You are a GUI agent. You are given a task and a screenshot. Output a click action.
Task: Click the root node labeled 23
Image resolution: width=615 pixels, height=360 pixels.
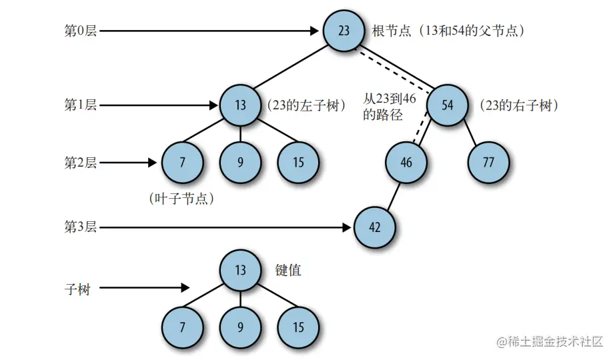[344, 31]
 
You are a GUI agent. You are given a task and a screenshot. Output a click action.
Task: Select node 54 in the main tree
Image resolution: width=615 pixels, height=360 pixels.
[448, 105]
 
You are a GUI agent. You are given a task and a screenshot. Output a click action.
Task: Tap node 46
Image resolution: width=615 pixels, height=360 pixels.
[406, 163]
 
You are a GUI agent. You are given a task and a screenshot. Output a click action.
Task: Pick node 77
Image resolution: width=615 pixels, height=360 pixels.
[488, 163]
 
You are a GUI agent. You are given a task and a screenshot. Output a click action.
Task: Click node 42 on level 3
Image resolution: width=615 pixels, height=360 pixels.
[374, 227]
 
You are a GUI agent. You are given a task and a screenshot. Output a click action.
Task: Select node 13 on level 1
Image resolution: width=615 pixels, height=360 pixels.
[241, 105]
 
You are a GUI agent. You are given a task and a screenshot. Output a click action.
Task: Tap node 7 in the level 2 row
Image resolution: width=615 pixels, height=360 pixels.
[182, 163]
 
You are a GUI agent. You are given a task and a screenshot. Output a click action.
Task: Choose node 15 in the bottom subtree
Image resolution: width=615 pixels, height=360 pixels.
[298, 327]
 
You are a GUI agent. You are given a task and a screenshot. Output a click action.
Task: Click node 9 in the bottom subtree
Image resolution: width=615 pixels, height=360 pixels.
[241, 327]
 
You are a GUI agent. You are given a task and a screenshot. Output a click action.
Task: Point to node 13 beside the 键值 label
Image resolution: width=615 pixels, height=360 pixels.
[241, 271]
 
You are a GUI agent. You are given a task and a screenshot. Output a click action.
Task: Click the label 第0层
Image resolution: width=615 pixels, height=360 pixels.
[80, 31]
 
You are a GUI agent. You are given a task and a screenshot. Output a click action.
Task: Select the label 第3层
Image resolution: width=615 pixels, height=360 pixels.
[80, 227]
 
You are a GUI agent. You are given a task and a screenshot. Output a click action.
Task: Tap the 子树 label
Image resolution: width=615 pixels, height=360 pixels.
[77, 289]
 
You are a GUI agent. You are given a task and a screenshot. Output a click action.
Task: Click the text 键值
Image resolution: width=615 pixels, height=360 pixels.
[288, 270]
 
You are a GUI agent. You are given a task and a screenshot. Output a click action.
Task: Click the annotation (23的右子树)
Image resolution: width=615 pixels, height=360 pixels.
[518, 105]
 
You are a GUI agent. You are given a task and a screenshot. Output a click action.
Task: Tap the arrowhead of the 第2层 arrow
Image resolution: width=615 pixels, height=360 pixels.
[154, 163]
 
